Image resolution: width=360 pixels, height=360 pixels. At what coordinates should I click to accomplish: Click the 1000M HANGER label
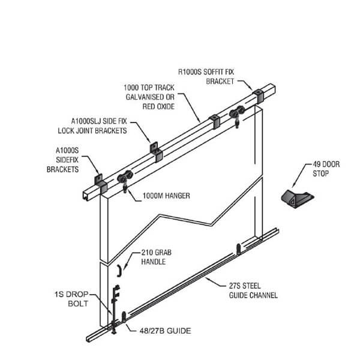(x=166, y=195)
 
